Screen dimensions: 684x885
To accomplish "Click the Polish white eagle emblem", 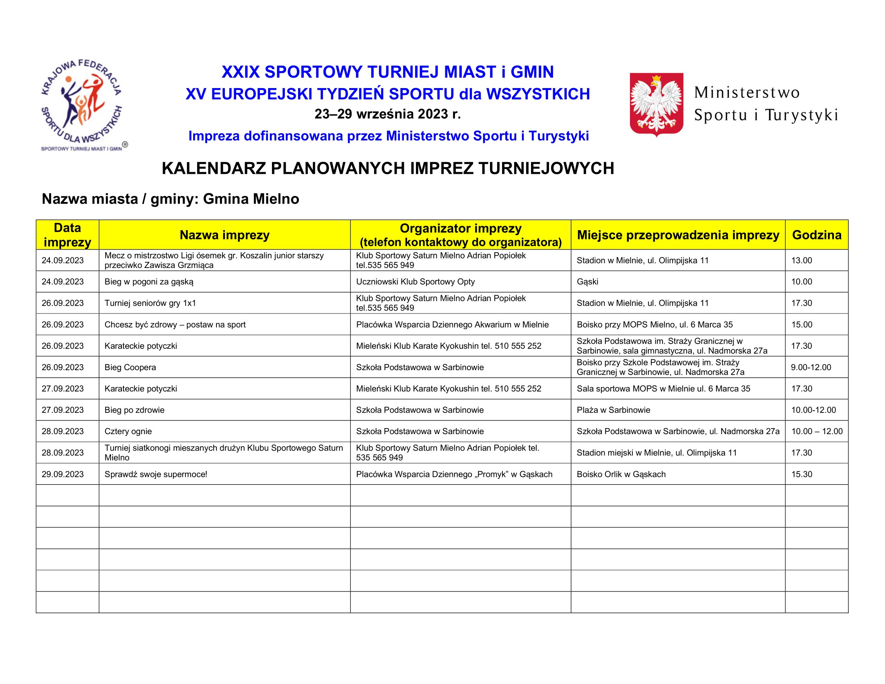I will tap(657, 104).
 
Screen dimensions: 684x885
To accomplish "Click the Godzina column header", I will tap(817, 235).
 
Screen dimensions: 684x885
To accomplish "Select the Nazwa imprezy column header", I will tap(224, 235).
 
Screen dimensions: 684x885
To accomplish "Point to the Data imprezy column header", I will tap(67, 235).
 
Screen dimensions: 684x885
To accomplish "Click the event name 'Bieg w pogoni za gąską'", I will tap(149, 282).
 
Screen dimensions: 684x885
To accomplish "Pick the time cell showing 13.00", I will tap(801, 261).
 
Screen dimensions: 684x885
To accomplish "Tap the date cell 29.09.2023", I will tap(63, 474).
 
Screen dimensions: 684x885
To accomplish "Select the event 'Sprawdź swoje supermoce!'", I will tap(156, 474).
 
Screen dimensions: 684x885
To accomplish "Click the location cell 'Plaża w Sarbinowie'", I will tap(613, 410).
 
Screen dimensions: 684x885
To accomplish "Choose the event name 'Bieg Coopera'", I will tap(130, 367).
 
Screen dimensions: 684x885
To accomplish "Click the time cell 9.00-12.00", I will tap(811, 367).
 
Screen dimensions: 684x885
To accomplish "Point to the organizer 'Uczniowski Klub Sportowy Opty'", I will tap(416, 282).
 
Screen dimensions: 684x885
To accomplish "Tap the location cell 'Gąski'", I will tap(588, 282).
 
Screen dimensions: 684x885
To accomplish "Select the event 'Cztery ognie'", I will tap(128, 431).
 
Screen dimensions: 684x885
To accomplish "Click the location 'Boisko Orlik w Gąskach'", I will tap(621, 474).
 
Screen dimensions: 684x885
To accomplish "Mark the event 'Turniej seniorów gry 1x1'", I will tap(150, 303).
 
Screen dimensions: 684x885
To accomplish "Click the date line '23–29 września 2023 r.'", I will tap(388, 114).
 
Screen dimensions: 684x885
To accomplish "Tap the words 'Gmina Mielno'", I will tap(251, 199).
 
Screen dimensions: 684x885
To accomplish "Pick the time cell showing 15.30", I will tap(801, 474).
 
